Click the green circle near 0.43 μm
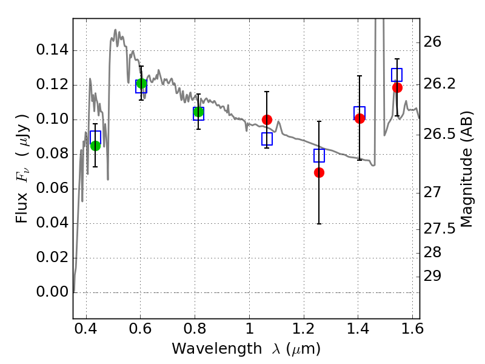click(x=96, y=146)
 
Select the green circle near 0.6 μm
click(x=142, y=83)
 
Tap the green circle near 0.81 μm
click(x=199, y=112)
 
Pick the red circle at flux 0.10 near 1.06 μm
click(x=267, y=120)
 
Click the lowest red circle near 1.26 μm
click(x=319, y=172)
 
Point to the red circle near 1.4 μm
click(x=360, y=118)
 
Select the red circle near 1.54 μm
click(x=397, y=87)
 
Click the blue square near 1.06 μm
click(x=267, y=139)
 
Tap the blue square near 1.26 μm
click(x=319, y=155)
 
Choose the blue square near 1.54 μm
click(x=397, y=75)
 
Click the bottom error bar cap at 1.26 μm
click(x=319, y=224)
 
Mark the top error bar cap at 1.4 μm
click(x=360, y=76)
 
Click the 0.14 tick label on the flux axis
click(x=52, y=50)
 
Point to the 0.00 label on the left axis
click(x=52, y=292)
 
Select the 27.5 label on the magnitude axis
click(x=439, y=229)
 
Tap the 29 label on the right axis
click(x=432, y=276)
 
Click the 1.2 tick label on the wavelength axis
click(x=304, y=329)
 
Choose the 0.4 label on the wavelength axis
click(x=86, y=329)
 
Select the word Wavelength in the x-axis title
click(x=217, y=348)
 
